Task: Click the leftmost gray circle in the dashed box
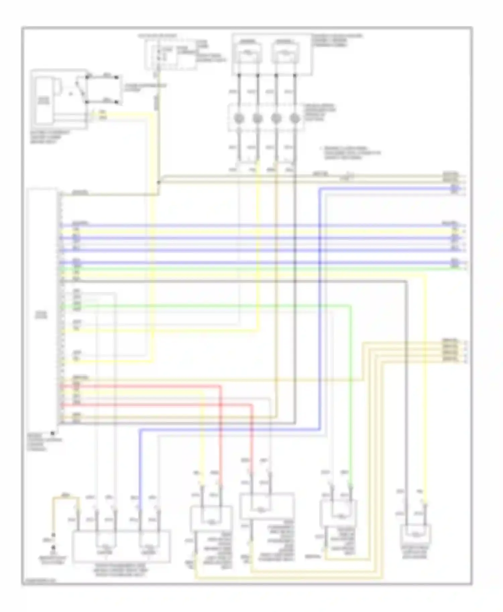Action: (239, 118)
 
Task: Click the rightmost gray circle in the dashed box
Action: (295, 118)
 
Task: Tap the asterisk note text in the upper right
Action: (350, 153)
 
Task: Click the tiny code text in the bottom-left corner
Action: (39, 582)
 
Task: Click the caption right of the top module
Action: (337, 41)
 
